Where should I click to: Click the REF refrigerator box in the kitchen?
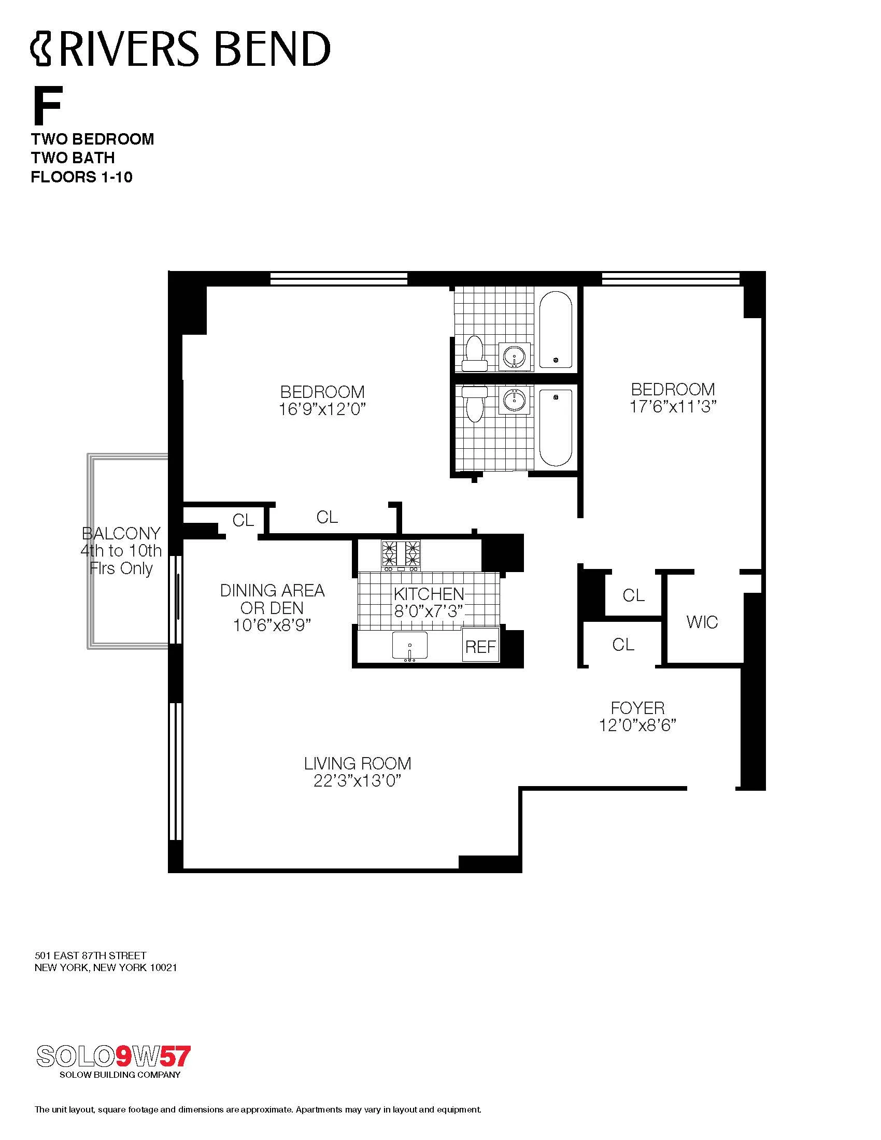pos(480,647)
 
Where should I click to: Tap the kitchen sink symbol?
pos(410,646)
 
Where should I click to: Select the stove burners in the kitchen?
pos(401,554)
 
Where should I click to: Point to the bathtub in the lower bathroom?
pos(556,427)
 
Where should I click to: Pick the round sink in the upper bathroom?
pos(515,357)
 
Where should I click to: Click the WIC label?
pos(702,622)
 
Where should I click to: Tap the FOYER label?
pos(637,708)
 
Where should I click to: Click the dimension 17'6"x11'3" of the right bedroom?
pos(673,407)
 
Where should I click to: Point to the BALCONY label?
pos(121,533)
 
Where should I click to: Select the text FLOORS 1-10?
pos(81,177)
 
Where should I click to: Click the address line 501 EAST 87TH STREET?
pos(90,955)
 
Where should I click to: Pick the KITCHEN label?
pos(429,593)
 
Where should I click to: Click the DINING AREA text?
pos(272,590)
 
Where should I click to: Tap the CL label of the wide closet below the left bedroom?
pos(327,517)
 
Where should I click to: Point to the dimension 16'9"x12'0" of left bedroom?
pos(322,409)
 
